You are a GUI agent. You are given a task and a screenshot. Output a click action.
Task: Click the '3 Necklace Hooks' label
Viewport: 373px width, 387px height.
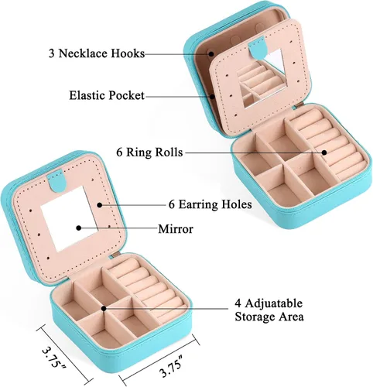(97, 53)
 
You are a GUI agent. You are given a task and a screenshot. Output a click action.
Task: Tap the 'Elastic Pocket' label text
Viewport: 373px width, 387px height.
(107, 95)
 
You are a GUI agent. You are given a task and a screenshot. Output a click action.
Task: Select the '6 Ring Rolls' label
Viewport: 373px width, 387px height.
(149, 152)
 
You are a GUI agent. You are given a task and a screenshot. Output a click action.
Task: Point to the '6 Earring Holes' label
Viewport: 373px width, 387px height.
(210, 204)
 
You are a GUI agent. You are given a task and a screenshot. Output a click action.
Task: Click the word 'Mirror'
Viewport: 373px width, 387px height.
(176, 229)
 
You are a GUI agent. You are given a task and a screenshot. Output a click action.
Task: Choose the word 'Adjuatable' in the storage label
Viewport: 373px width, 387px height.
(273, 303)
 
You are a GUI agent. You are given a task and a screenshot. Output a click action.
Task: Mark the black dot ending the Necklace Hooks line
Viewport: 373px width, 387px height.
(211, 53)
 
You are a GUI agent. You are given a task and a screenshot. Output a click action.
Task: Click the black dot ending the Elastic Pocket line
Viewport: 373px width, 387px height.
(212, 97)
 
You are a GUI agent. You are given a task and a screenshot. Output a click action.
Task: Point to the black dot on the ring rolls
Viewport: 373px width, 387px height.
(324, 152)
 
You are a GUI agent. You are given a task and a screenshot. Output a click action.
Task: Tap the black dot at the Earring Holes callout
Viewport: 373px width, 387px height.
(100, 205)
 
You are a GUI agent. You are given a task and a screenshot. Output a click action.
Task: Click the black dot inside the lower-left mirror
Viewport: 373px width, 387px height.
(79, 228)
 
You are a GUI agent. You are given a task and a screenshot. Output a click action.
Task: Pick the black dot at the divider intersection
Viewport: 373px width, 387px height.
(104, 308)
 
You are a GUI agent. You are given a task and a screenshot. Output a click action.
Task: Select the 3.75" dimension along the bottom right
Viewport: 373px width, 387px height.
(171, 366)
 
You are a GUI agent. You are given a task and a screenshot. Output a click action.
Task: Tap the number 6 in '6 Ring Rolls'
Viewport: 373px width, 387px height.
(119, 152)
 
